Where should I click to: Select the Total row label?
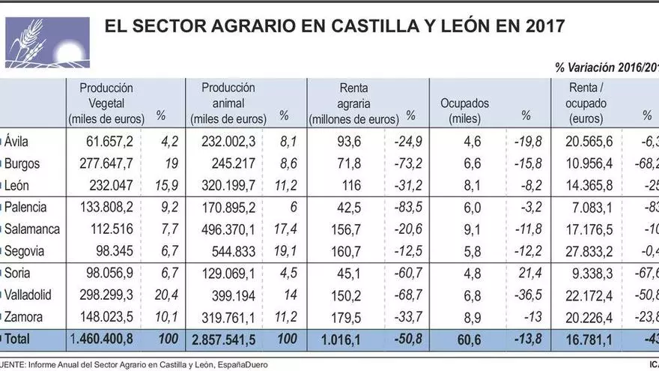[19, 340]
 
